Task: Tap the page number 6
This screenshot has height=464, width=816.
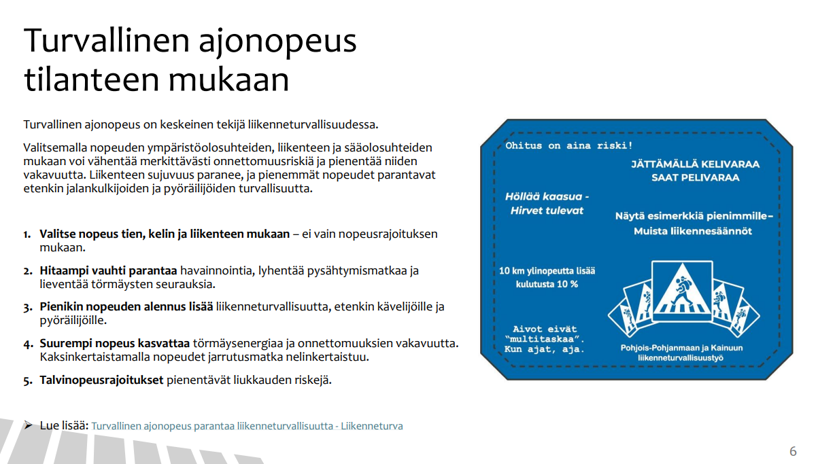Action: pos(792,452)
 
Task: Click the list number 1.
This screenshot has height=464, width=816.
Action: pos(27,234)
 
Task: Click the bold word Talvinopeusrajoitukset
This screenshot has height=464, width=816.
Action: pos(101,380)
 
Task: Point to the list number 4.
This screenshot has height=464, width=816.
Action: pos(27,344)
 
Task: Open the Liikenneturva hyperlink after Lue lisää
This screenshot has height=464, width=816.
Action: pos(247,427)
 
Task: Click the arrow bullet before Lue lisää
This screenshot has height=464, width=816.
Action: pos(28,425)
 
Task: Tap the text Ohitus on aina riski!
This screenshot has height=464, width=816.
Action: pos(568,145)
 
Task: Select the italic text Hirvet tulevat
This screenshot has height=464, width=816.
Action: pos(547,211)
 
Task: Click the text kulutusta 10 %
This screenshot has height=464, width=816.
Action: pos(547,284)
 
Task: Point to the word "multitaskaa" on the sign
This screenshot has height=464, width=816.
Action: pos(545,339)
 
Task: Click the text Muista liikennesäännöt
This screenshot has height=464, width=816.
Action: pos(692,231)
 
